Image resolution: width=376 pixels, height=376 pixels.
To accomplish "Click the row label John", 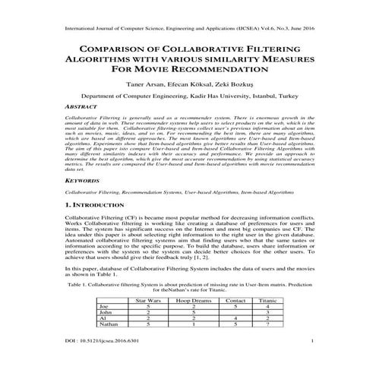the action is tap(106, 313).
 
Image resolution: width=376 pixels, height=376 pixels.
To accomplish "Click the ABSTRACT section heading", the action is tap(83, 109).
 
